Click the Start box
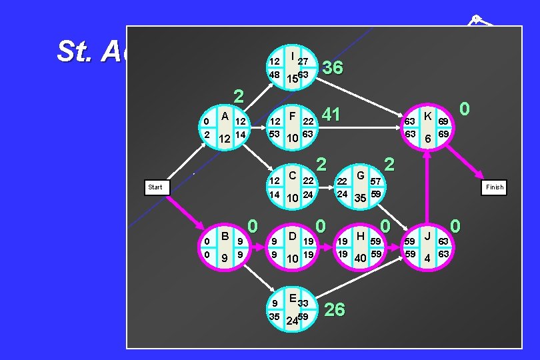pyautogui.click(x=155, y=187)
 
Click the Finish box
pyautogui.click(x=495, y=187)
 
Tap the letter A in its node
pyautogui.click(x=225, y=116)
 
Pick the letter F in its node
pyautogui.click(x=293, y=116)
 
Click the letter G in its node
pyautogui.click(x=360, y=176)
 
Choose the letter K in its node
pyautogui.click(x=428, y=116)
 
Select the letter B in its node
pyautogui.click(x=225, y=235)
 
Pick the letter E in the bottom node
pyautogui.click(x=293, y=298)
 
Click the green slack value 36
pyautogui.click(x=333, y=68)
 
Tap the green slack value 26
pyautogui.click(x=335, y=309)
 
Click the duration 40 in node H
pyautogui.click(x=360, y=257)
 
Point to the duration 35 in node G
pyautogui.click(x=360, y=198)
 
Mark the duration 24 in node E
pyautogui.click(x=291, y=321)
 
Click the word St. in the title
pyautogui.click(x=77, y=51)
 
